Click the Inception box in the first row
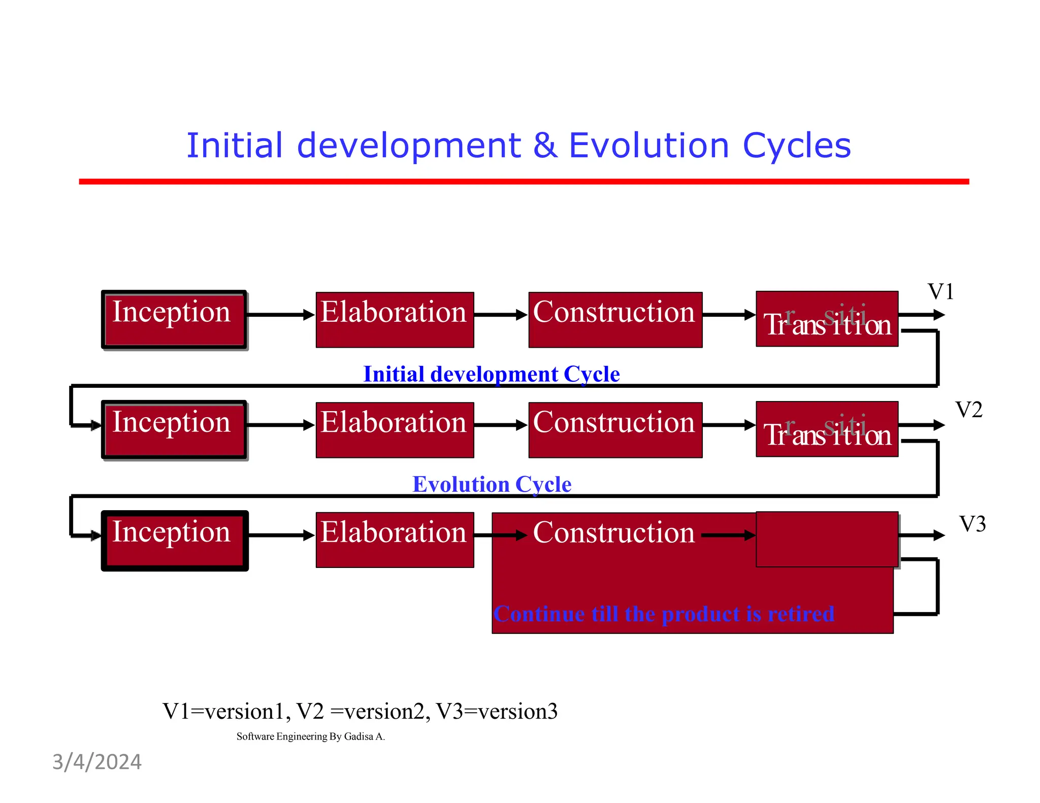point(174,320)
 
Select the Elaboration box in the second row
point(395,430)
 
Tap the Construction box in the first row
point(615,320)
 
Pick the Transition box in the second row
point(827,429)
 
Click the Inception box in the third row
point(174,541)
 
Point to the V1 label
point(940,292)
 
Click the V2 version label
point(968,410)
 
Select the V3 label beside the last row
point(972,524)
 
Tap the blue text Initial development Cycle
point(491,375)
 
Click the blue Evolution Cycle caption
point(491,484)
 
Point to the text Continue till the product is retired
point(663,614)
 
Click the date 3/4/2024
point(97,762)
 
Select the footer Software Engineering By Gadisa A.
point(310,737)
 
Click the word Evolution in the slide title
point(648,146)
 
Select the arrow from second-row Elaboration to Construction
point(501,425)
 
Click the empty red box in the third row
point(827,539)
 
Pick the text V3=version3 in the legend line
point(497,711)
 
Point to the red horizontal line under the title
point(523,181)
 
